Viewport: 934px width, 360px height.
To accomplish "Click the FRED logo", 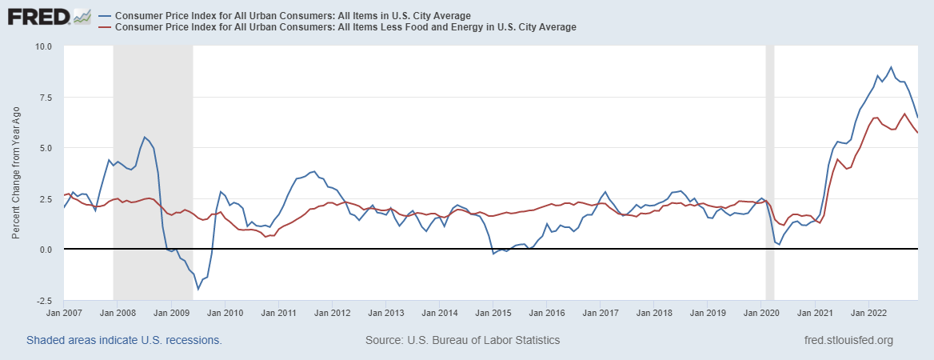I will point(48,16).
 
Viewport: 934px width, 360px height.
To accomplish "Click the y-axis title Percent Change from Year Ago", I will point(15,172).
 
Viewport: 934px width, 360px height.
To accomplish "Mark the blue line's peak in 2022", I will point(891,67).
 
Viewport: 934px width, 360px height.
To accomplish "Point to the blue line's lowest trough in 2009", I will point(198,289).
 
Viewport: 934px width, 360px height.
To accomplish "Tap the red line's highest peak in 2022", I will point(904,114).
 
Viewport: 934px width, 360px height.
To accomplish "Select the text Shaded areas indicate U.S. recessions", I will point(124,340).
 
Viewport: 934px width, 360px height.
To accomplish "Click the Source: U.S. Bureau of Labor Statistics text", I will point(462,340).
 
